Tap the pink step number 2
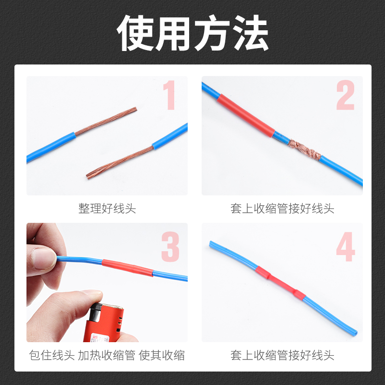345,96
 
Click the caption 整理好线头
107,209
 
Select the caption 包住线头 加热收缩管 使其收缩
107,356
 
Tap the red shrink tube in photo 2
245,115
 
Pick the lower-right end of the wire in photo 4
355,332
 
